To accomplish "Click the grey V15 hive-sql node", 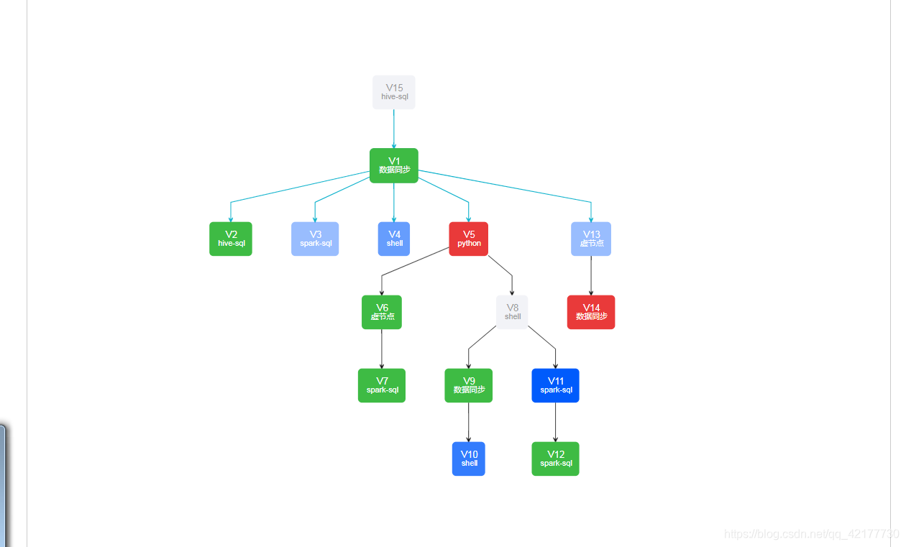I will tap(394, 92).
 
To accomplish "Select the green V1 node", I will tap(394, 165).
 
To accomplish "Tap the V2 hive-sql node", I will tap(231, 239).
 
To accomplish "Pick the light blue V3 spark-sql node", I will tap(315, 239).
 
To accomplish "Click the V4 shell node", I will tap(394, 239).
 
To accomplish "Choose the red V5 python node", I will tap(469, 239).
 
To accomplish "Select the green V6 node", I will tap(382, 312).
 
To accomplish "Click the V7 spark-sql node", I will tap(382, 385).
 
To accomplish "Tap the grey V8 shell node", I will tap(512, 312).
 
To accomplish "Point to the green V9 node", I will tap(469, 385).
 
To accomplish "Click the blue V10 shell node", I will tap(469, 459).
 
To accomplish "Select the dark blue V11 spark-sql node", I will tap(556, 385).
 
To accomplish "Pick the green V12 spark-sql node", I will tap(556, 459).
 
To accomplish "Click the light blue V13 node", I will tap(591, 239).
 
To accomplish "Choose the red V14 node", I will tap(591, 312).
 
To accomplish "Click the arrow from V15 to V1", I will tap(394, 129).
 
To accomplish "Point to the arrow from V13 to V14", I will tap(591, 275).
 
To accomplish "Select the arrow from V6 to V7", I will tap(382, 349).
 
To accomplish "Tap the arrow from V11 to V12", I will tap(555, 422).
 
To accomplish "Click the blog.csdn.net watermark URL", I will tap(811, 534).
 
